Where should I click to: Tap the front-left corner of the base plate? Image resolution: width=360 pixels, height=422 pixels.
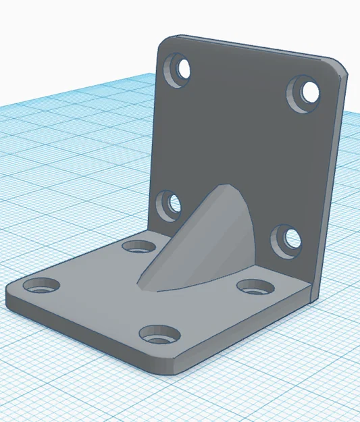click(x=8, y=292)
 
